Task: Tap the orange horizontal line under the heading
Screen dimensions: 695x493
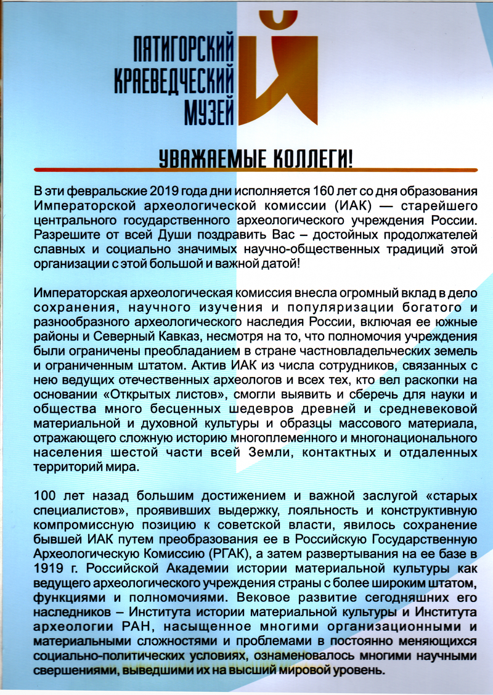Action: pyautogui.click(x=255, y=170)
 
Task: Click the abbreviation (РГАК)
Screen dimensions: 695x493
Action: pyautogui.click(x=245, y=553)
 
